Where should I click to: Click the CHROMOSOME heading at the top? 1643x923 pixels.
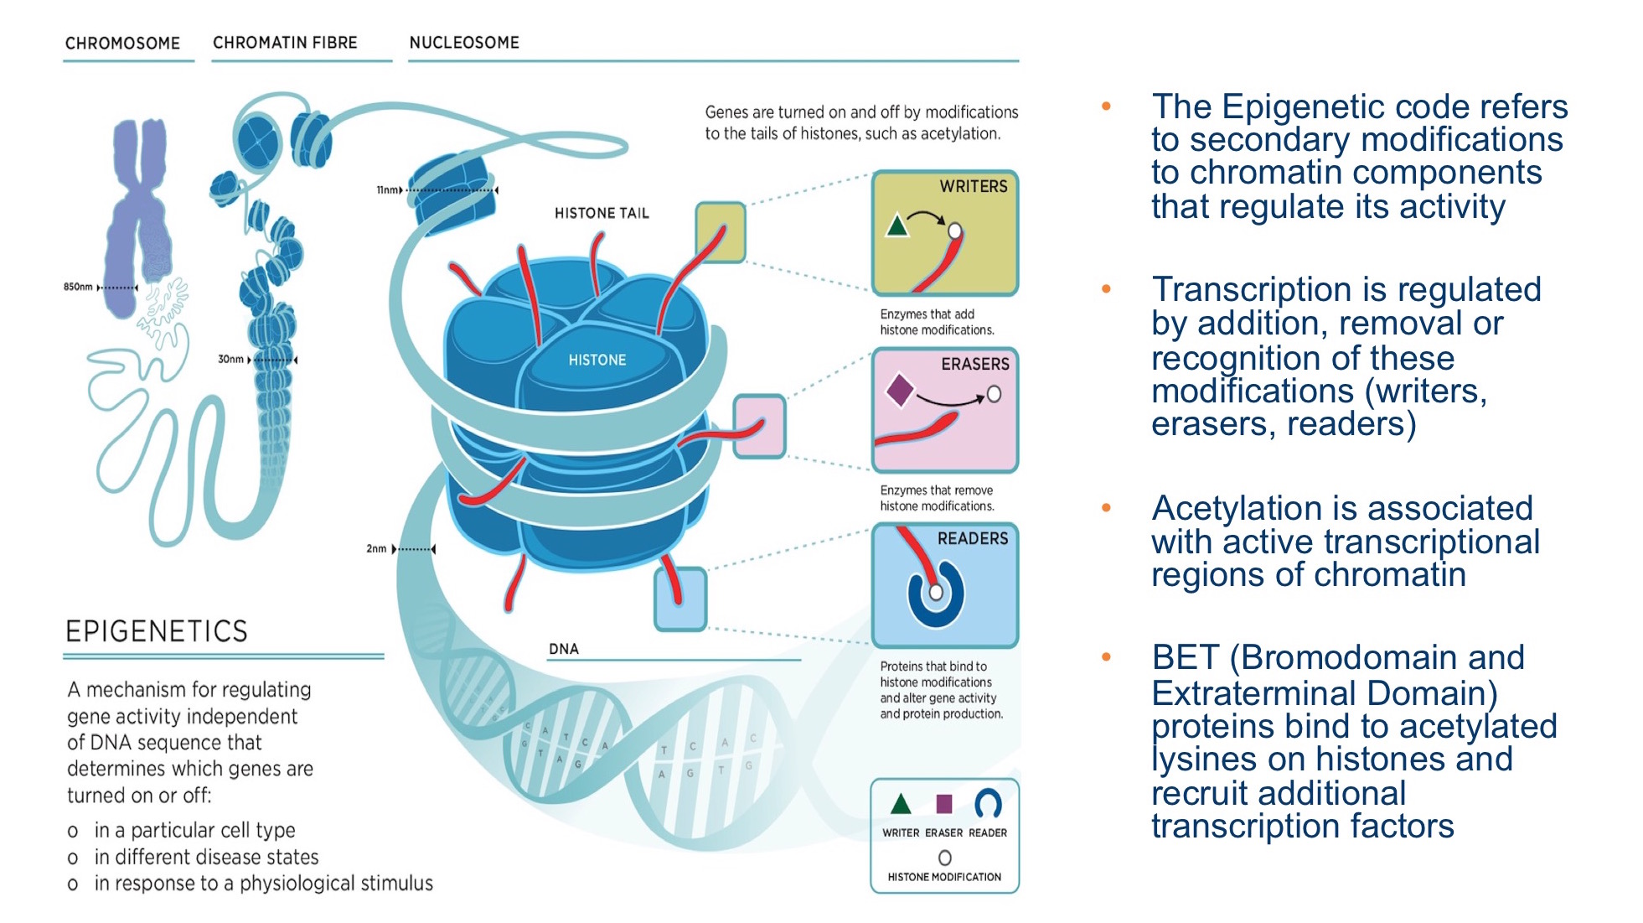pos(122,43)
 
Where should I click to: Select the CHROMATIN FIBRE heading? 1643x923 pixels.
pos(285,42)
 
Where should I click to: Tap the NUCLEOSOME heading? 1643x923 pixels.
pos(463,42)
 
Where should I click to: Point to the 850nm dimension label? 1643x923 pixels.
pos(78,287)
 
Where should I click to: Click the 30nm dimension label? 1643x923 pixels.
pos(230,359)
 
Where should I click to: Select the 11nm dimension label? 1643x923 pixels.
pos(387,190)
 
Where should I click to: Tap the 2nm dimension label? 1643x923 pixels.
pos(376,549)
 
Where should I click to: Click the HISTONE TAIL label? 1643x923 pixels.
pos(602,213)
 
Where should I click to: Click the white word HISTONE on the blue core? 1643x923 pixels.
pos(597,360)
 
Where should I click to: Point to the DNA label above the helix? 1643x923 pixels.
pos(563,649)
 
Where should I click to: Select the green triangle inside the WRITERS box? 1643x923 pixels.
pos(897,226)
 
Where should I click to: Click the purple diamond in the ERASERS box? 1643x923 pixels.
pos(900,391)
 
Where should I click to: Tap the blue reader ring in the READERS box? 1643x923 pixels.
pos(936,595)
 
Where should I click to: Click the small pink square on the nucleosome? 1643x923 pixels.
pos(759,427)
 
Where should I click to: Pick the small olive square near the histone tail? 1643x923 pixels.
pos(720,232)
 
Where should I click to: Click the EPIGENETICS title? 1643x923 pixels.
pos(157,630)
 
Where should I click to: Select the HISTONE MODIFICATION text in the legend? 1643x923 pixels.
pos(944,877)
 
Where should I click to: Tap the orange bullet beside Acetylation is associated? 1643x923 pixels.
pos(1106,508)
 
